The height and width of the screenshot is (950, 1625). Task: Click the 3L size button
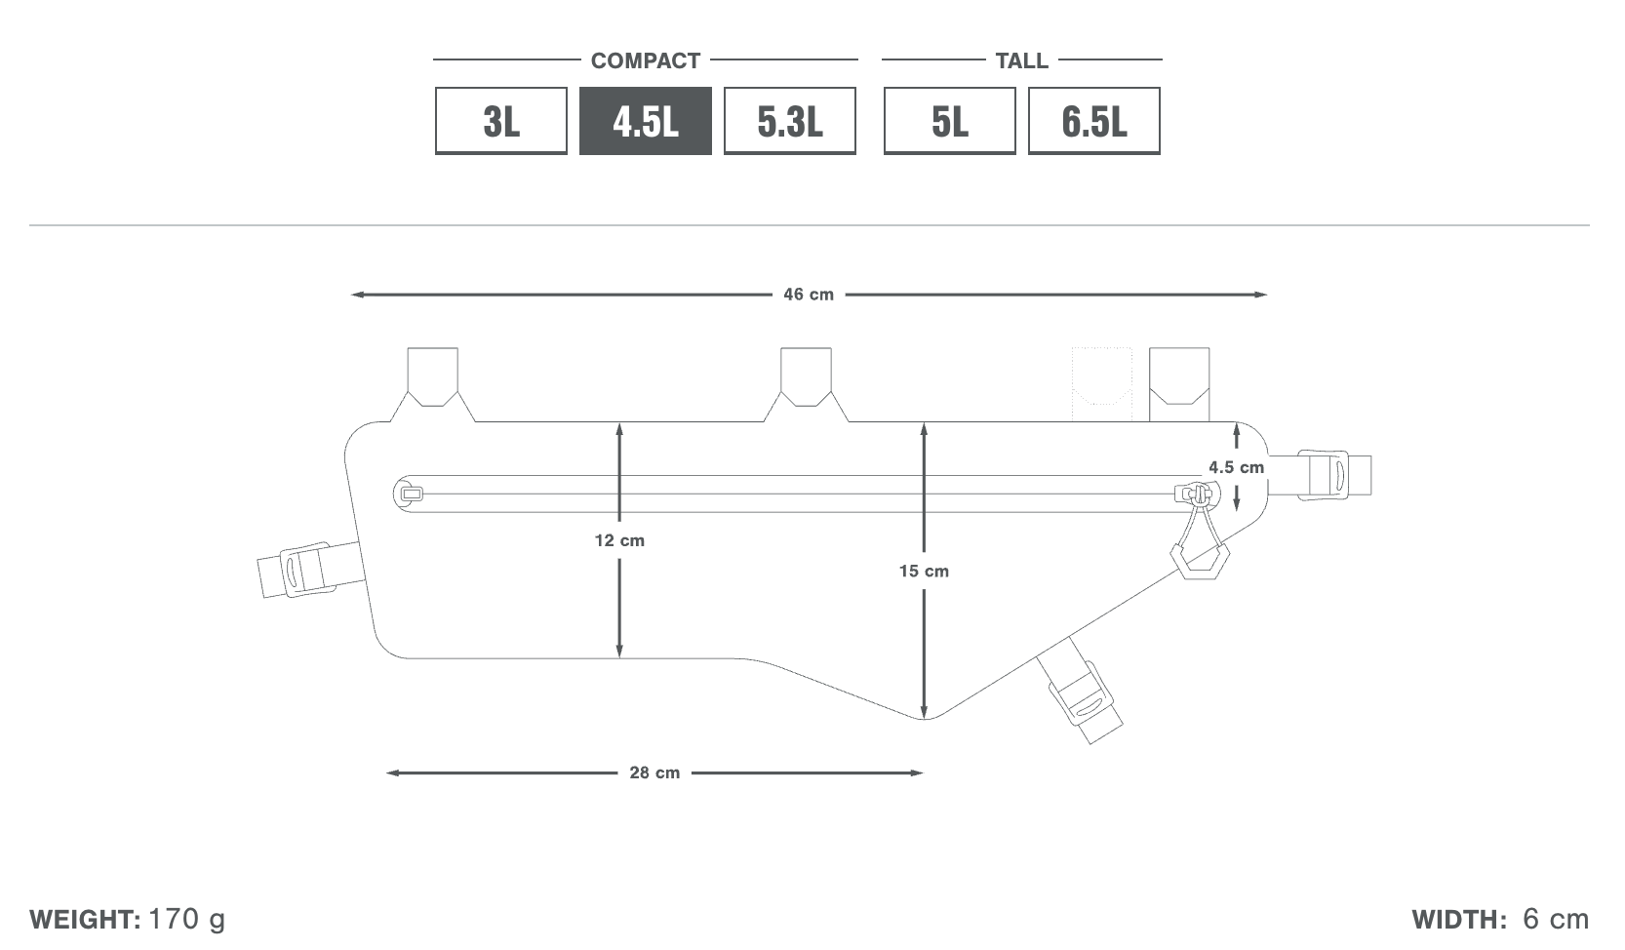[500, 121]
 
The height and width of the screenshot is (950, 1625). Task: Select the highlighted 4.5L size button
[645, 121]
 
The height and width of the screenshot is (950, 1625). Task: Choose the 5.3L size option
[789, 121]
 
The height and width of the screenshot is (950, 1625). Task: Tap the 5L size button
[949, 121]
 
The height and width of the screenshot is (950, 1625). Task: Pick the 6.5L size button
[1093, 121]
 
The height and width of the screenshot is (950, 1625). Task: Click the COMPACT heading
[646, 60]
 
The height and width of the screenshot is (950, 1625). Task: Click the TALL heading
[1021, 60]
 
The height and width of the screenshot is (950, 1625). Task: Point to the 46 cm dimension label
[809, 295]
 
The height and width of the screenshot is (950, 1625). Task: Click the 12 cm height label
[619, 540]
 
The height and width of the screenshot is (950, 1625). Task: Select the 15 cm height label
[924, 572]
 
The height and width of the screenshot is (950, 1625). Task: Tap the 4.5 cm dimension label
[1236, 468]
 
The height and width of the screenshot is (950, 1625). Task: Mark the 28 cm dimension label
[654, 773]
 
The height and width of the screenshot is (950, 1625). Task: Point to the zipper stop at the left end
[411, 494]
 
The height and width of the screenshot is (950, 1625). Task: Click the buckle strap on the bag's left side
[310, 570]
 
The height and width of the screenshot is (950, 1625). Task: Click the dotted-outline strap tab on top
[1102, 384]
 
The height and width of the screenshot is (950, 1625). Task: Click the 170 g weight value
[187, 919]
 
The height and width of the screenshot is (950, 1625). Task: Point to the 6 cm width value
[1556, 919]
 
